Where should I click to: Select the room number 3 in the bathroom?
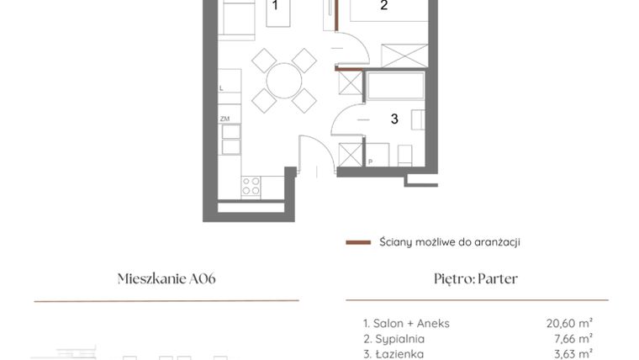tap(394, 119)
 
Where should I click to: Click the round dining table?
tap(284, 81)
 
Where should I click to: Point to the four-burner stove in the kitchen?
tap(251, 186)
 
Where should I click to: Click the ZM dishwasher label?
tap(224, 119)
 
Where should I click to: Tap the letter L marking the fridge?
tap(221, 88)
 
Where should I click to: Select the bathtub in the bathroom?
tap(395, 86)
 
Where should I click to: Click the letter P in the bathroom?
tap(369, 161)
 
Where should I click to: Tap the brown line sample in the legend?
tap(358, 242)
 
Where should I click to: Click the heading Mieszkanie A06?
tap(166, 279)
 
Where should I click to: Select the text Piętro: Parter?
tap(476, 279)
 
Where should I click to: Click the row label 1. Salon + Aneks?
tap(406, 322)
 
